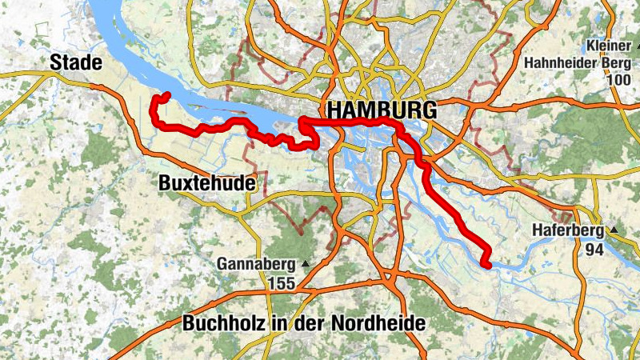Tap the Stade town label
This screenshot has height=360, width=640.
75,62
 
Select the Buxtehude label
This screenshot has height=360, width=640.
207,183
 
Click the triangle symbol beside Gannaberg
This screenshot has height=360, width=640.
305,262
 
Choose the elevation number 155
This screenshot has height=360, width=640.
282,282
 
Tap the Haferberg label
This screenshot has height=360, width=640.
569,231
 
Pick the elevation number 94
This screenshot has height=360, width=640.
594,250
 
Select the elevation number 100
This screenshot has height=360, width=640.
618,81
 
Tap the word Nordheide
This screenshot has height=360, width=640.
381,324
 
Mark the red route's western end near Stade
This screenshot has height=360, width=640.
167,95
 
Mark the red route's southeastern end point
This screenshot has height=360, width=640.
486,264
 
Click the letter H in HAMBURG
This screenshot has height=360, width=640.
331,110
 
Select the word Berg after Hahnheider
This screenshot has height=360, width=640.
613,62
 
